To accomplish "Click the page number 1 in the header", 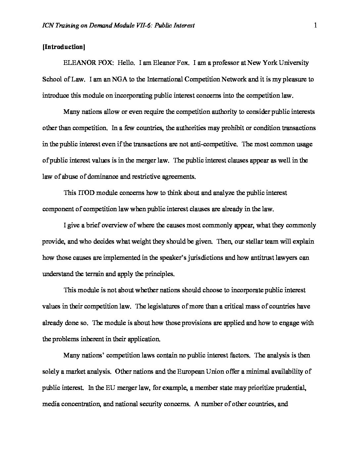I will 315,25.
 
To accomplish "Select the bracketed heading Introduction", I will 64,47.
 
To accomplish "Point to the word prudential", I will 288,388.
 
